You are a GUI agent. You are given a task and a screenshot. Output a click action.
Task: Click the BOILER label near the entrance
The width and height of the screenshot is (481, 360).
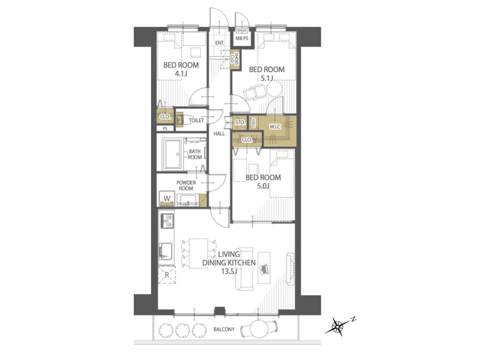[x=242, y=31]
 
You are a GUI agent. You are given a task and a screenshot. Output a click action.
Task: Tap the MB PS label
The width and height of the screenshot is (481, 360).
[x=242, y=38]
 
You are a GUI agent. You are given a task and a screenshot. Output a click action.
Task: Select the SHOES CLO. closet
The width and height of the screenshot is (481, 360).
[x=235, y=60]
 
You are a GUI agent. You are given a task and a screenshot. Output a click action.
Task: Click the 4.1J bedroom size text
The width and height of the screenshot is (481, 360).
[x=181, y=73]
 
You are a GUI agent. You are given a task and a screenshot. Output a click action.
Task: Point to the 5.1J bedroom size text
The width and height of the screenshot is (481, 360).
[x=267, y=78]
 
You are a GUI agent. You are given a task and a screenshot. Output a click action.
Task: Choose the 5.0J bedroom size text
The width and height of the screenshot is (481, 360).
[x=263, y=186]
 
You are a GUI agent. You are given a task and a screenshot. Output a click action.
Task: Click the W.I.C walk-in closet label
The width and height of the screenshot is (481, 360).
[x=275, y=127]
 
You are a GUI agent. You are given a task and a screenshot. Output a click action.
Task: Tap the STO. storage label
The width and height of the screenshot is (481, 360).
[x=240, y=123]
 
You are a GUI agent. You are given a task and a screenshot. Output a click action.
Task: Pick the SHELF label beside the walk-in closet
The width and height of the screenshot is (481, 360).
[x=253, y=123]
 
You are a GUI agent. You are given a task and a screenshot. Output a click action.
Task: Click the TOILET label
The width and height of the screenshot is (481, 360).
[x=196, y=121]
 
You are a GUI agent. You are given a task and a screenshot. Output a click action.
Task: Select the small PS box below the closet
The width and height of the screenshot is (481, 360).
[x=165, y=129]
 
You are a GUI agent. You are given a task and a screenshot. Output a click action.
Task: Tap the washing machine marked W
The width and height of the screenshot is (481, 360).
[x=167, y=198]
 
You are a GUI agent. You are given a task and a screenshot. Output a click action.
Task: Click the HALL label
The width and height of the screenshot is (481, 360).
[x=219, y=134]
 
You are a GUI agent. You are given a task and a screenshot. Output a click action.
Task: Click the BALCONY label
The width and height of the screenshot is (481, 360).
[x=224, y=329]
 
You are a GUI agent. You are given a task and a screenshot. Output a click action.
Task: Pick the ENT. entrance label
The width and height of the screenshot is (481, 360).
[x=220, y=43]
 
